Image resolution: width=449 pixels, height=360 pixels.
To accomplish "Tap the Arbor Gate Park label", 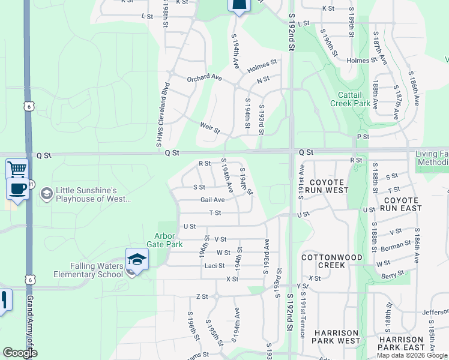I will point(160,240).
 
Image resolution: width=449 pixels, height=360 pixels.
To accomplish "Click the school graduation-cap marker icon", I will point(137,260).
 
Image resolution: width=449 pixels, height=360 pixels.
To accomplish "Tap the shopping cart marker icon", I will point(17,169).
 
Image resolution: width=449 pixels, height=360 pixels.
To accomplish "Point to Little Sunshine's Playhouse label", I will point(92,194).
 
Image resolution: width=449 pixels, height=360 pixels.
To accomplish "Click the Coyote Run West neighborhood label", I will point(326,186).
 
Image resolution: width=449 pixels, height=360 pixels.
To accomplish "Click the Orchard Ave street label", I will point(204,77).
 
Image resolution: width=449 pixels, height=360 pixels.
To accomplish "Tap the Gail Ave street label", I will point(212,200).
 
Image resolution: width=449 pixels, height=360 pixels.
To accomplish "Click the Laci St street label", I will point(214,266).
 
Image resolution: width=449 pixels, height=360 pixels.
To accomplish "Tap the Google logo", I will point(20,353).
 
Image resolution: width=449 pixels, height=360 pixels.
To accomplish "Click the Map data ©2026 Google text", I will point(412,355).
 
